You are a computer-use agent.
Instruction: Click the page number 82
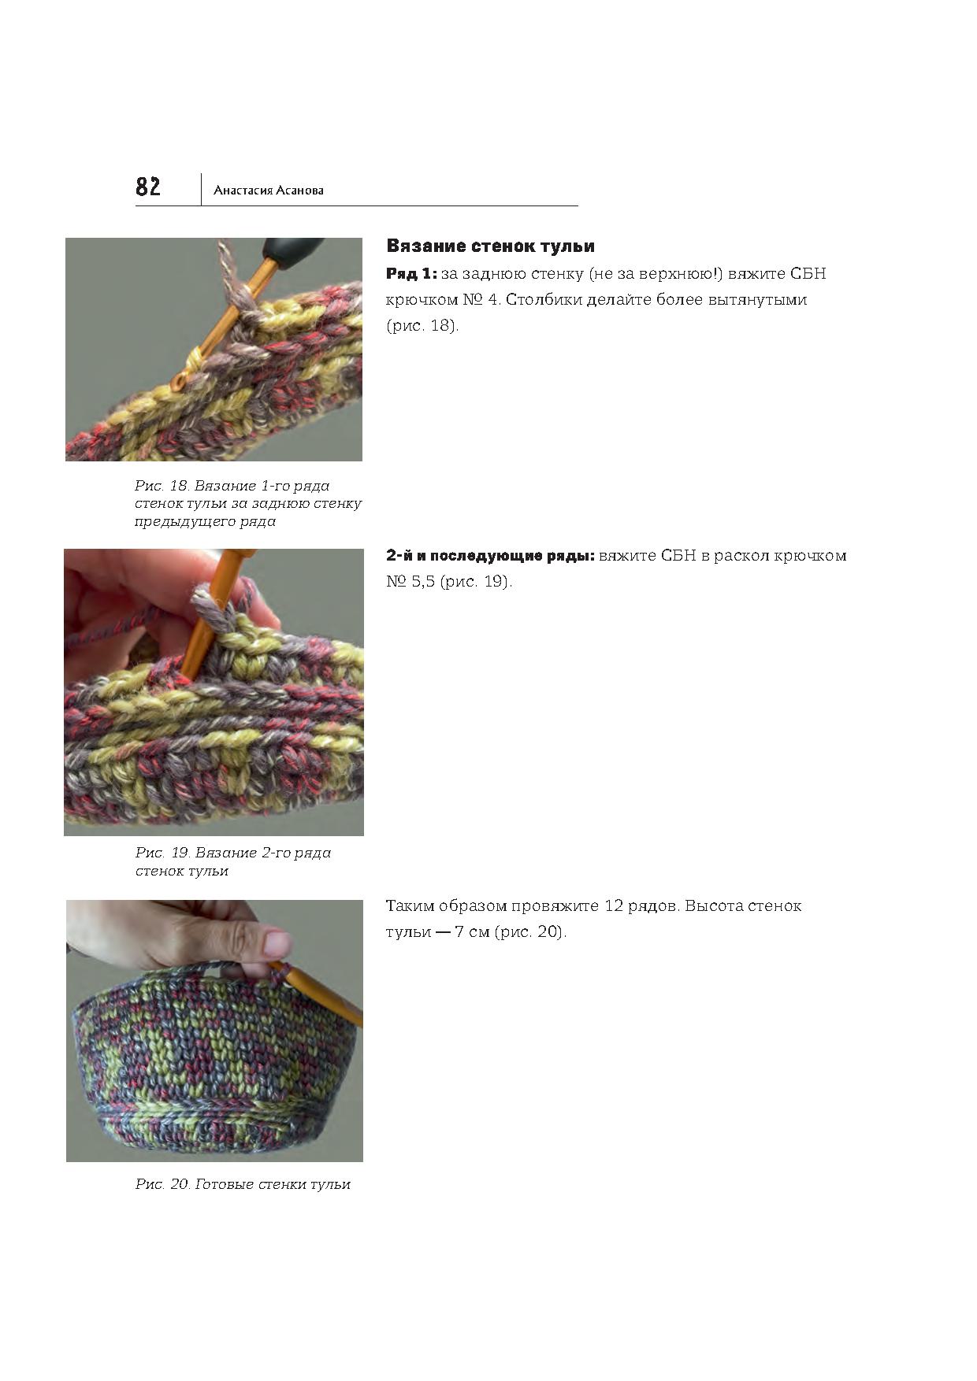pyautogui.click(x=148, y=187)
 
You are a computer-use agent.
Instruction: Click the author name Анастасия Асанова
pyautogui.click(x=269, y=191)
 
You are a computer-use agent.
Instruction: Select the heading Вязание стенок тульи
pyautogui.click(x=490, y=246)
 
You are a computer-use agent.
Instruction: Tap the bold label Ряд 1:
pyautogui.click(x=411, y=274)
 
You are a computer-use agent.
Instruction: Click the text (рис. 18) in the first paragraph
pyautogui.click(x=422, y=325)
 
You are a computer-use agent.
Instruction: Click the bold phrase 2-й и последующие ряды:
pyautogui.click(x=490, y=556)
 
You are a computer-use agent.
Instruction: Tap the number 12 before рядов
pyautogui.click(x=614, y=906)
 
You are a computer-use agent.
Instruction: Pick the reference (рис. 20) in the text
pyautogui.click(x=530, y=932)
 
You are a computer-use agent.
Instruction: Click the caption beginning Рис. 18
pyautogui.click(x=248, y=503)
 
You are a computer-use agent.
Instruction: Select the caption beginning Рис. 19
pyautogui.click(x=233, y=861)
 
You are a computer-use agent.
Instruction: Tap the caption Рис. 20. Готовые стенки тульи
pyautogui.click(x=243, y=1184)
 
